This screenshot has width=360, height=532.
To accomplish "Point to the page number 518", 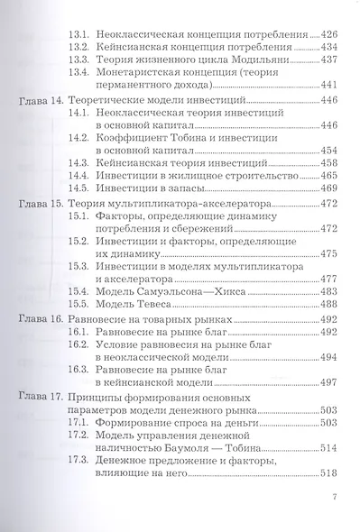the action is [324, 526].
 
